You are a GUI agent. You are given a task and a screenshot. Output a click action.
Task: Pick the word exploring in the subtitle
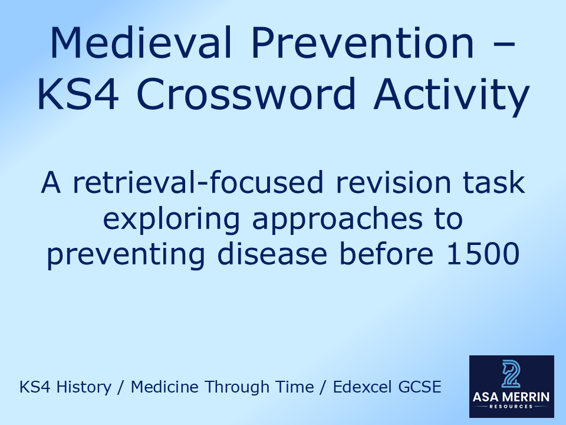174,220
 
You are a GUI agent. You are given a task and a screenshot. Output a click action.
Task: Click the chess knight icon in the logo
511,374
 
